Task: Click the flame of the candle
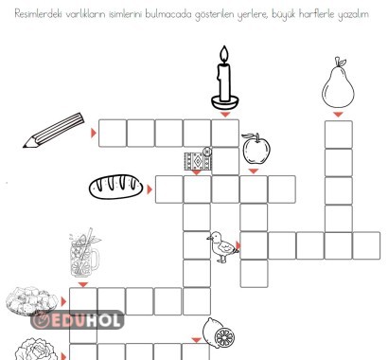pos(224,53)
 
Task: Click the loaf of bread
pos(115,187)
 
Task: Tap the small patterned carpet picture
pos(197,158)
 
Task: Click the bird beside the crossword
pos(221,246)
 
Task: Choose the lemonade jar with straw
pos(85,254)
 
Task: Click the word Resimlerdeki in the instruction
pos(44,13)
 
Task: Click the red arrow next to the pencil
pos(93,133)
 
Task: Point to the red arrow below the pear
pos(338,115)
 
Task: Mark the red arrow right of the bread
pos(150,188)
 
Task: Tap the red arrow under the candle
pos(224,114)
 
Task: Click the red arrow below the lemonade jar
pos(83,283)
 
